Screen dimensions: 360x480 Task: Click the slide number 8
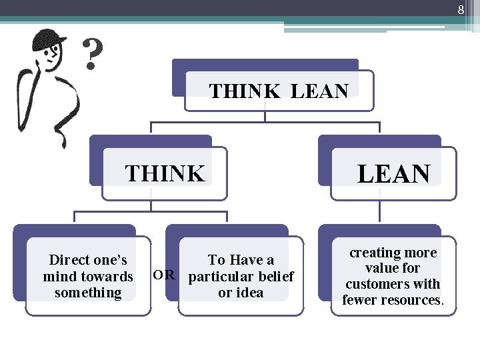pos(460,9)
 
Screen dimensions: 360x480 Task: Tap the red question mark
pos(94,54)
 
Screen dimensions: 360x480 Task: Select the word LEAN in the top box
pos(319,91)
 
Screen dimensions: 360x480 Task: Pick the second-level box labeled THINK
pos(164,173)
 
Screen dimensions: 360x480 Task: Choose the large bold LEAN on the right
pos(393,174)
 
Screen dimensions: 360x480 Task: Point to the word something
pos(88,293)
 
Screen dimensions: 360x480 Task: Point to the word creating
pos(375,253)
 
